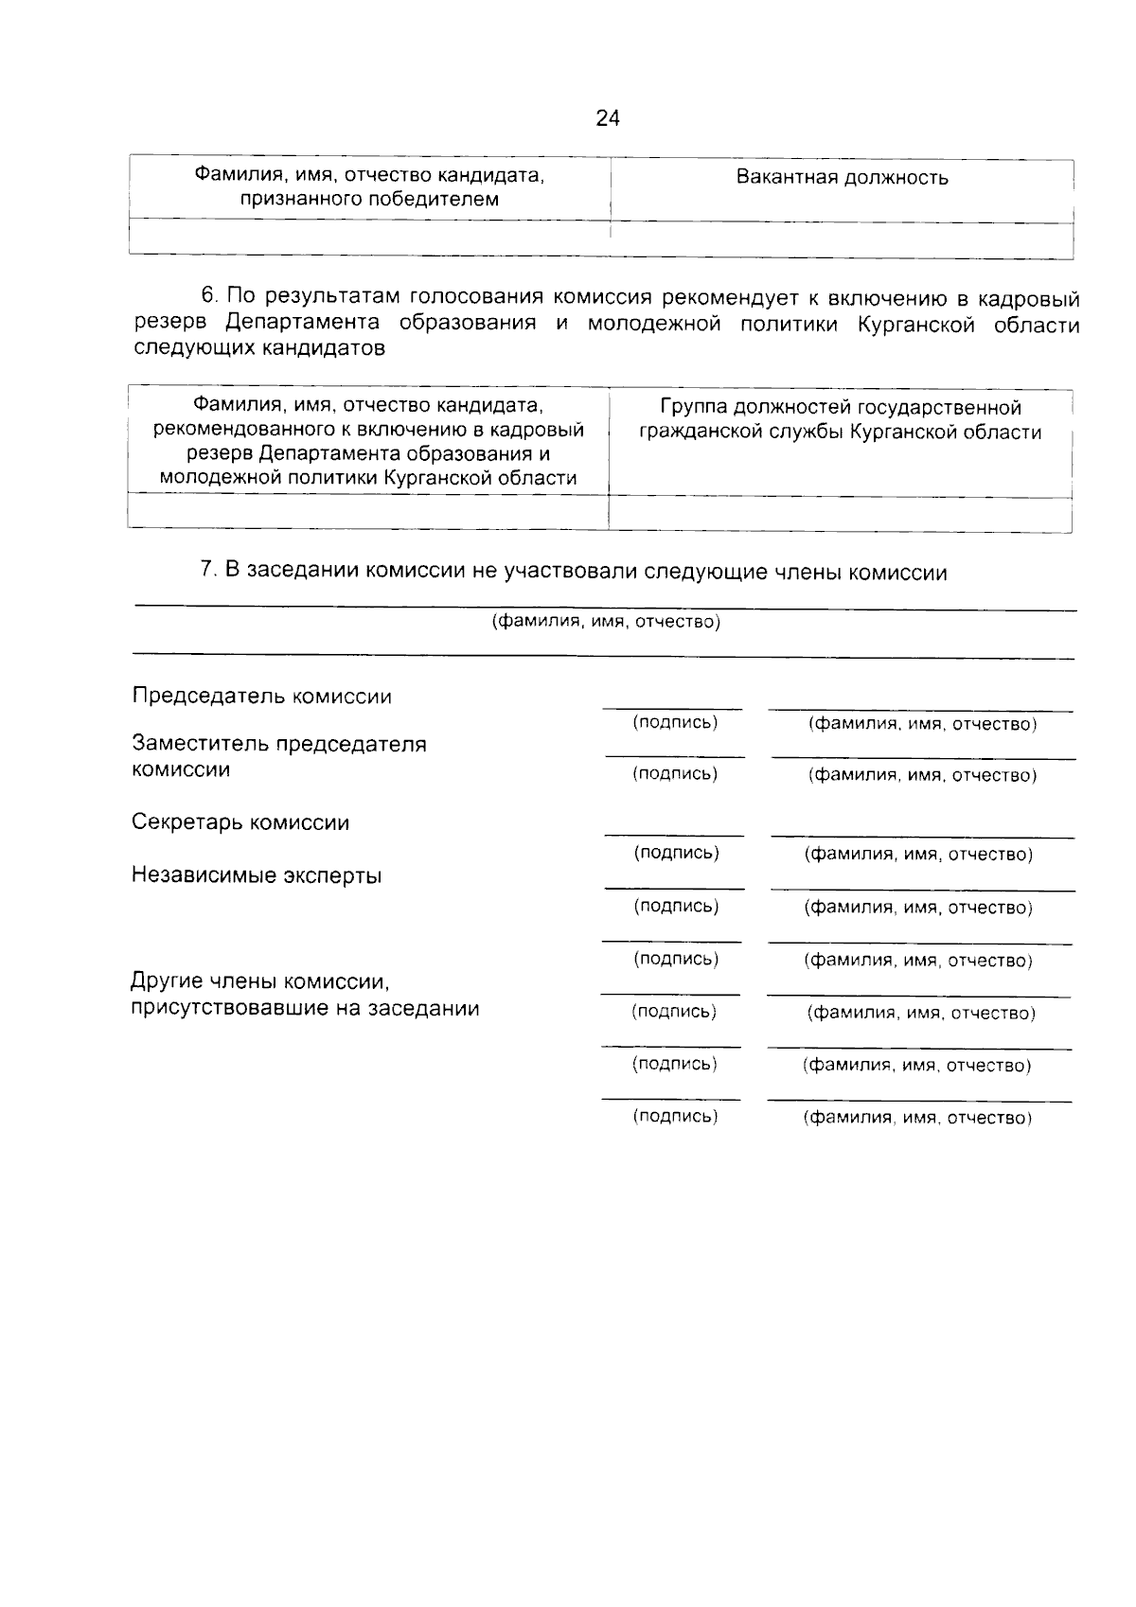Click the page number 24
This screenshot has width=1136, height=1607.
[608, 118]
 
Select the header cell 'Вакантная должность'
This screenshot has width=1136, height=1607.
[842, 178]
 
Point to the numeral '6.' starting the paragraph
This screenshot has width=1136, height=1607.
[209, 299]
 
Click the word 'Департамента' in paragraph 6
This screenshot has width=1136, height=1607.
[303, 324]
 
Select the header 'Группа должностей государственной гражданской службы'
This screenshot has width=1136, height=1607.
[840, 420]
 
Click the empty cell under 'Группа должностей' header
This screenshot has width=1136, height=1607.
[840, 513]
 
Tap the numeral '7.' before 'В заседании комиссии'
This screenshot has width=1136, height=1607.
[209, 571]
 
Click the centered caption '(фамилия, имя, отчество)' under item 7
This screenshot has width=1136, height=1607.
[606, 623]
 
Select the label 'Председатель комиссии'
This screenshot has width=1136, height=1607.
[261, 697]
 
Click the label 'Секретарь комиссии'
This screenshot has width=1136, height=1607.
[240, 822]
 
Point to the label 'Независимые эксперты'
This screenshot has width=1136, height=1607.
[257, 875]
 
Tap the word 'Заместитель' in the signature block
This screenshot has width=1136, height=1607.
[201, 744]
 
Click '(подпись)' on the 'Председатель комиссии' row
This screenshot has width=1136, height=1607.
[675, 723]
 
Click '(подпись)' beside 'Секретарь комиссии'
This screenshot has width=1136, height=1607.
[676, 853]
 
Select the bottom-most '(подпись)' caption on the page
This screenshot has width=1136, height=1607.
[675, 1116]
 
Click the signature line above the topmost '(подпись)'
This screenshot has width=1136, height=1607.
[672, 708]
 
